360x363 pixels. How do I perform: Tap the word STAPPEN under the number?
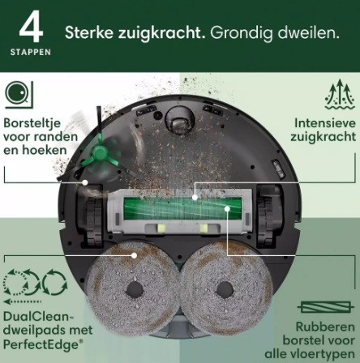point(31,52)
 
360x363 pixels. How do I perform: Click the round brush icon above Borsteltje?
point(19,95)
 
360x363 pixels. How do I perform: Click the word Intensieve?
point(325,123)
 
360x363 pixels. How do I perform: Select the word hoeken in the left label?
point(45,150)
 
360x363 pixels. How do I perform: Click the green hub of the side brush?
point(98,154)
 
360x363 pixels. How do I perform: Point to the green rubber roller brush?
point(182,208)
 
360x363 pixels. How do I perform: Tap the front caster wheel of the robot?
point(180,120)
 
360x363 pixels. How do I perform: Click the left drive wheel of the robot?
point(94,221)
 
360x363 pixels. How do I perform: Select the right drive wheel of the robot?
point(265,221)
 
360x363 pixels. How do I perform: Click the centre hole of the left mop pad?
point(135,290)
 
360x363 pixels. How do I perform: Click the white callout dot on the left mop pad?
point(134,255)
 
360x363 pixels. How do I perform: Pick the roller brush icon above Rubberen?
point(326,307)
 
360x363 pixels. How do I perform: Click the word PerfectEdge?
point(42,344)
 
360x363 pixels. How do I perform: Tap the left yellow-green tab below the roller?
point(161,228)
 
